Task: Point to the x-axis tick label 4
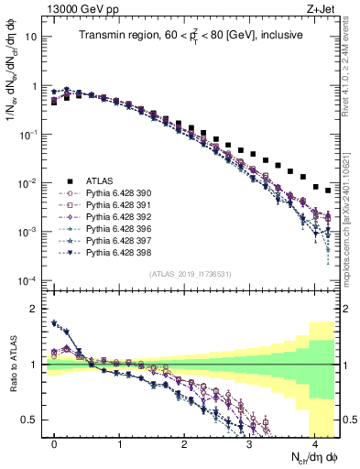click(x=313, y=443)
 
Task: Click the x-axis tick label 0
click(x=55, y=443)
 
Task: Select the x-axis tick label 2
click(x=184, y=443)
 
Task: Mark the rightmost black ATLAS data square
click(x=328, y=191)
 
